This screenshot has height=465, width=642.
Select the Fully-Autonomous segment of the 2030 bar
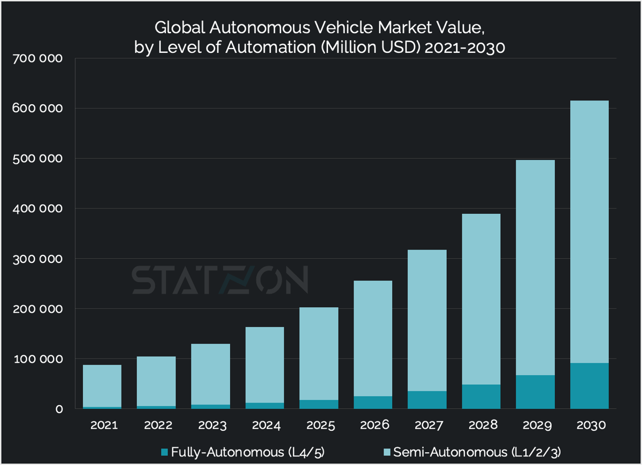pos(589,386)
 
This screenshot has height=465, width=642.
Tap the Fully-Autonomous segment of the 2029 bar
pos(535,392)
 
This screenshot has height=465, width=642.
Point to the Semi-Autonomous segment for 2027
pos(427,321)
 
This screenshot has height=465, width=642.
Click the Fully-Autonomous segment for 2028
pos(481,397)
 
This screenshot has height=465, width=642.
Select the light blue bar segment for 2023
pos(210,374)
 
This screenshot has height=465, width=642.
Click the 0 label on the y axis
pos(59,409)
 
